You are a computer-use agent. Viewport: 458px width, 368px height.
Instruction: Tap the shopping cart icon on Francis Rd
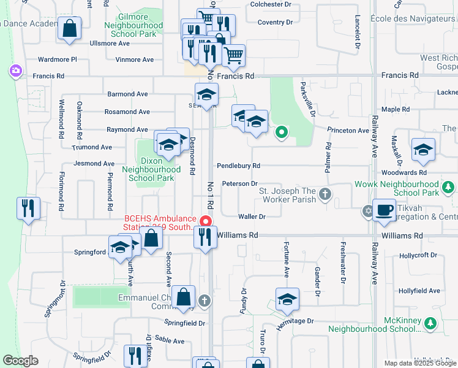[233, 56]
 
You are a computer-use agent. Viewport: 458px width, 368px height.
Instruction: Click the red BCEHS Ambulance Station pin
[207, 221]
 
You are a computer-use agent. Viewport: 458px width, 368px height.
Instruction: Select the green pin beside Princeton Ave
[281, 131]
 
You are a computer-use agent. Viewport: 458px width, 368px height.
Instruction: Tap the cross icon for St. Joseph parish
[325, 195]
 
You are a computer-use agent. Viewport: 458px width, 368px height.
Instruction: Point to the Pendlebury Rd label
[239, 166]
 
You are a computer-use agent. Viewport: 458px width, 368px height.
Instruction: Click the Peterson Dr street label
[240, 183]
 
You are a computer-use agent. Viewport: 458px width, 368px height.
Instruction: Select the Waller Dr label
[252, 217]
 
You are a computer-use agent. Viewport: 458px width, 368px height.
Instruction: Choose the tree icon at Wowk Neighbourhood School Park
[448, 186]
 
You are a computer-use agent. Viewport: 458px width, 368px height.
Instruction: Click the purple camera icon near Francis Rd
[14, 71]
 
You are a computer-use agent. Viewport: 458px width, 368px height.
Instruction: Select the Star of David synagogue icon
[367, 211]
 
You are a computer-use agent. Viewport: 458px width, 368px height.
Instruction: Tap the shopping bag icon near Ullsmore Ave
[70, 28]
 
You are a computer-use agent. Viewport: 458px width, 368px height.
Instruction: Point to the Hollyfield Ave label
[419, 291]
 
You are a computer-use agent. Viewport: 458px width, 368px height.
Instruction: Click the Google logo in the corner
[20, 361]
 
